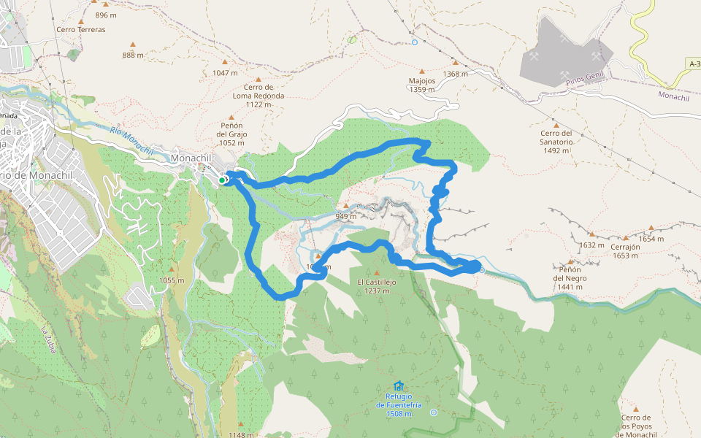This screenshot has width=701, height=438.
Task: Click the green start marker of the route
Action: [x=222, y=180]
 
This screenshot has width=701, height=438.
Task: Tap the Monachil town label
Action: [x=191, y=158]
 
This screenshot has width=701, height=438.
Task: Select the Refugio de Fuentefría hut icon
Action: [x=398, y=386]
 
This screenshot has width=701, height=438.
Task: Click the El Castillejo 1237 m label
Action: [x=377, y=285]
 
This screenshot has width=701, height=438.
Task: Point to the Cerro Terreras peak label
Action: [x=81, y=30]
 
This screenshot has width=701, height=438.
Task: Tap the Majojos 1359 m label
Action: [x=422, y=85]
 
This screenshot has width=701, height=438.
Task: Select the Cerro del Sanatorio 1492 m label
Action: [x=556, y=142]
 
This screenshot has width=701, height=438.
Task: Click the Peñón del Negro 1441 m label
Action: [x=570, y=283]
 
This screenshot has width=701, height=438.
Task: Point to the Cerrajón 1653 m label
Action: [x=627, y=251]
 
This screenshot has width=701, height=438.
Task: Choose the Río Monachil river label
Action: [x=132, y=139]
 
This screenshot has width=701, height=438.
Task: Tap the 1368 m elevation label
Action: [x=456, y=74]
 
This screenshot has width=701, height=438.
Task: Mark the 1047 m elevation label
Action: [x=225, y=73]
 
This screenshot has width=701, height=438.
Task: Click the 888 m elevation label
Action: [x=134, y=55]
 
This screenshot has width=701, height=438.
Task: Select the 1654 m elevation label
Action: [x=651, y=239]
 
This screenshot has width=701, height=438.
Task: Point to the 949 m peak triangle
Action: [x=346, y=206]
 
